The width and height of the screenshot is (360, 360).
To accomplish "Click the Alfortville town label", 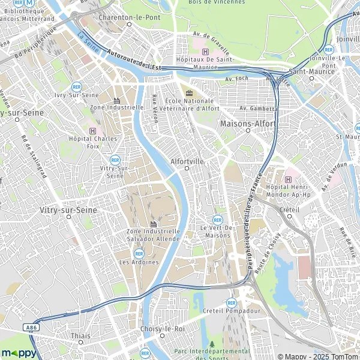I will click(188, 161).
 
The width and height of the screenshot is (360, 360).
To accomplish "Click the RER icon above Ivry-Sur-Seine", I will click(76, 86).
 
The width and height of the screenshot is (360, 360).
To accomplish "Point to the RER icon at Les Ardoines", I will click(139, 253).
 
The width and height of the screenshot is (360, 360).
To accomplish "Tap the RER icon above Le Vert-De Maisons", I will click(217, 220).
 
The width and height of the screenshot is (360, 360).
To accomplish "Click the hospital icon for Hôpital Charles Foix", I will click(92, 130).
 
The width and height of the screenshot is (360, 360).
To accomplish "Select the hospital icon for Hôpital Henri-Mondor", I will click(289, 179).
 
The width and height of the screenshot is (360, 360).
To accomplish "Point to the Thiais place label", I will click(80, 336).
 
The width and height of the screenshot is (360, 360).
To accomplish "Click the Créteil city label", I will click(290, 209).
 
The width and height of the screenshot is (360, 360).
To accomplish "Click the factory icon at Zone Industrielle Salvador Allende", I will click(153, 223).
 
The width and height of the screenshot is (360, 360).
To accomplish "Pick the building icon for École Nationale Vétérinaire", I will click(190, 92).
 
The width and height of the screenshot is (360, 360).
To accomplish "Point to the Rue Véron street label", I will click(155, 108).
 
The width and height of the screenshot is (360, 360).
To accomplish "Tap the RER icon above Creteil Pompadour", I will click(231, 302).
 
